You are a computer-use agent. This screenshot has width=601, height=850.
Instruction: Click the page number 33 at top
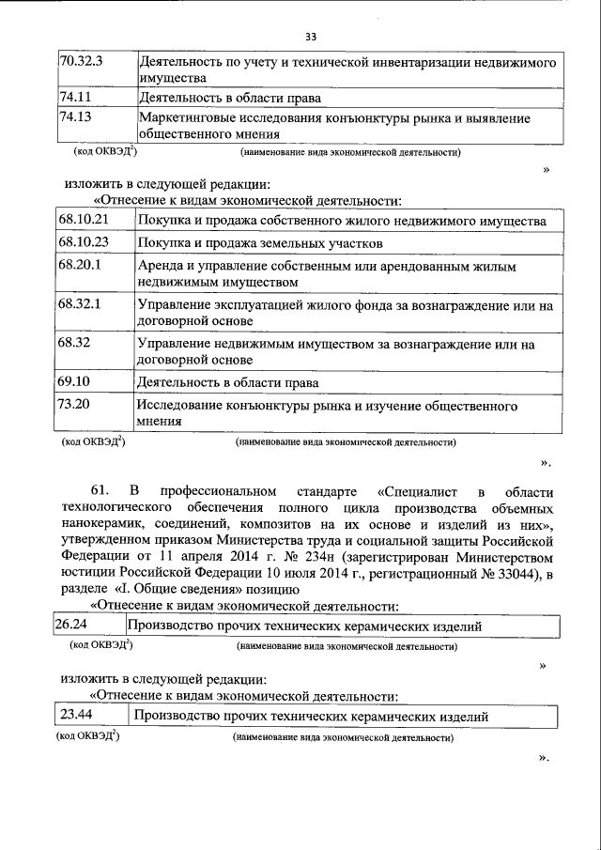coord(310,37)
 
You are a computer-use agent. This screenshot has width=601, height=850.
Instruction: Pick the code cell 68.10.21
coord(84,220)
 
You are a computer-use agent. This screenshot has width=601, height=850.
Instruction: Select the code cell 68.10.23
coord(84,241)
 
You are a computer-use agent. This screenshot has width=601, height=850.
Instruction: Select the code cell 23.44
coord(76,716)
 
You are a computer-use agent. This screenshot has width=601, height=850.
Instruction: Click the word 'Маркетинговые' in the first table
coord(183,118)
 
